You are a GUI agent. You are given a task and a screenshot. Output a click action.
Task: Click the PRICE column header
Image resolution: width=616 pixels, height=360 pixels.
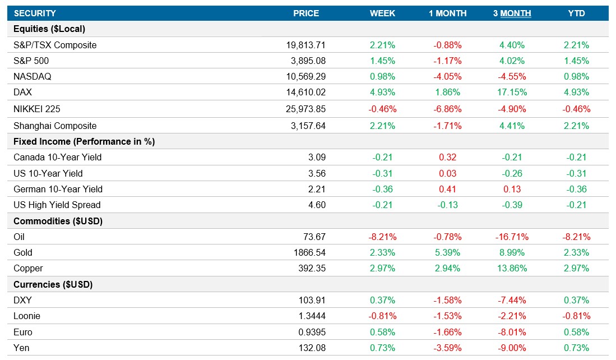click(305, 13)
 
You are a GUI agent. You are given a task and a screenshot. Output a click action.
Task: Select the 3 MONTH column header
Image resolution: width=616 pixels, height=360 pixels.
click(512, 13)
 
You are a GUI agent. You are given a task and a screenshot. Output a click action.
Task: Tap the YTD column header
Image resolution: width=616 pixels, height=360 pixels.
click(576, 13)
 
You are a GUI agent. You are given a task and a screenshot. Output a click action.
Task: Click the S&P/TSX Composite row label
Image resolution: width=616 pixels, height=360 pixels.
click(55, 45)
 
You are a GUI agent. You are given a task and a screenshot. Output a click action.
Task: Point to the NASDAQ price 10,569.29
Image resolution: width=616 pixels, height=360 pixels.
click(305, 77)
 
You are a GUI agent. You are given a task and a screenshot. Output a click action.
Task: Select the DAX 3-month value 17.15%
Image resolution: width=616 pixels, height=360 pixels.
click(512, 93)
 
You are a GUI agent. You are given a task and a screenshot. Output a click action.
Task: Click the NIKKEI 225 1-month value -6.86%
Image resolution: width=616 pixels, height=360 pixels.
click(447, 109)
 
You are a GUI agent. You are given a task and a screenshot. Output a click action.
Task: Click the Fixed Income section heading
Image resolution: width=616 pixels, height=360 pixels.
click(84, 142)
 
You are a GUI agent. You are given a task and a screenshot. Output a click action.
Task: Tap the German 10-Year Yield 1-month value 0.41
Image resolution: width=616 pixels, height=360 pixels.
click(447, 189)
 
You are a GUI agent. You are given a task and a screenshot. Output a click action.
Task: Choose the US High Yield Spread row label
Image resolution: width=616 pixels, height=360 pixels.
click(57, 205)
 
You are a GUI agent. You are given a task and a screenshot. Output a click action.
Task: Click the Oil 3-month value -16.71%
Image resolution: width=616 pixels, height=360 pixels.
click(512, 237)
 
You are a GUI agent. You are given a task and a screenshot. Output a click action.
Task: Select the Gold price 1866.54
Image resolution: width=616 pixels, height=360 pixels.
click(309, 253)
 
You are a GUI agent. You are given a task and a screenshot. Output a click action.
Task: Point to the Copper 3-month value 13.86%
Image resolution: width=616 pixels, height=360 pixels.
click(512, 269)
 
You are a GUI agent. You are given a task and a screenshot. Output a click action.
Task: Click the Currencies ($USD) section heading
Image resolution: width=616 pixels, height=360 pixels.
click(53, 285)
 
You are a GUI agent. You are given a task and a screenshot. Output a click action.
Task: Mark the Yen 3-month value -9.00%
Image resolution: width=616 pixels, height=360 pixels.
click(512, 348)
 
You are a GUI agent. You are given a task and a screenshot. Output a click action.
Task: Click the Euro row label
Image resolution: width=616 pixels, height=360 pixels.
click(22, 333)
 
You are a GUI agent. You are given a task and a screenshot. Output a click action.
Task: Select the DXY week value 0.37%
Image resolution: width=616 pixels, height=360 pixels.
click(382, 301)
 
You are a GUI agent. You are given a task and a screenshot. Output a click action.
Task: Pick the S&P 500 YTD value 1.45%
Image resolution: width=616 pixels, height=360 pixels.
click(576, 61)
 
